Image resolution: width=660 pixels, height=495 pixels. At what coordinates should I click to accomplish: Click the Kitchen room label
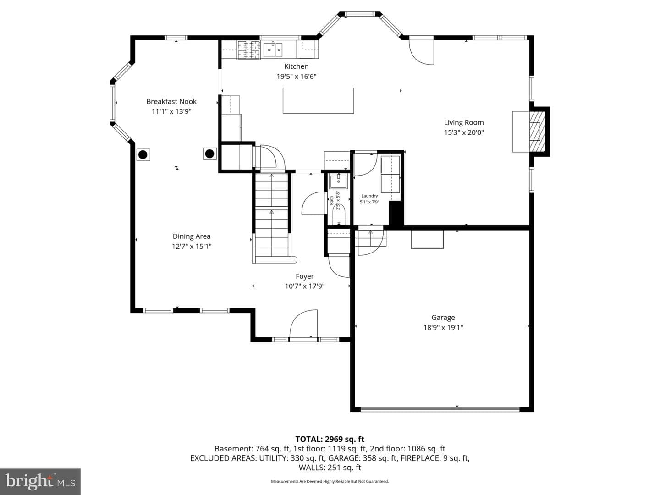(296, 66)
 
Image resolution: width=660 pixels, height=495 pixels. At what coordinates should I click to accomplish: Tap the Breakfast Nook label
(171, 102)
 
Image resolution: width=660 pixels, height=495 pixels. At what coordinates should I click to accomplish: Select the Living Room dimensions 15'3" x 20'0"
(464, 132)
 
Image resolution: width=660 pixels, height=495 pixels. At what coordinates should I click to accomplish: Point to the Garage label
(443, 318)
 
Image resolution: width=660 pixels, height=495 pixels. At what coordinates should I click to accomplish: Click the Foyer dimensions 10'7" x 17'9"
(305, 286)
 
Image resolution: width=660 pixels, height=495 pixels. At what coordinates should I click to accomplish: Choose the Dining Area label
(192, 236)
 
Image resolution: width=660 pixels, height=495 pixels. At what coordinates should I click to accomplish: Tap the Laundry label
(369, 196)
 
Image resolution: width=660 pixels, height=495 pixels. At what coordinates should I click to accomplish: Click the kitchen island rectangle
(318, 101)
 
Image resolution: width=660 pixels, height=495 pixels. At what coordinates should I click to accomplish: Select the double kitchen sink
(273, 50)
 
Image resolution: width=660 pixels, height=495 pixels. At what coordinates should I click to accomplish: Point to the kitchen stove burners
(249, 50)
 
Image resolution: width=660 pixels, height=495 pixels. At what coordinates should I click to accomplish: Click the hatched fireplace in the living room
(537, 132)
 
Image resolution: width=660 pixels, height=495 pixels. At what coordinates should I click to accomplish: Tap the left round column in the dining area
(143, 155)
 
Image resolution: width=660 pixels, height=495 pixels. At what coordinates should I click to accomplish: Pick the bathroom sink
(338, 181)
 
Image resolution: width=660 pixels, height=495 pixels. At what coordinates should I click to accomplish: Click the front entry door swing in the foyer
(303, 324)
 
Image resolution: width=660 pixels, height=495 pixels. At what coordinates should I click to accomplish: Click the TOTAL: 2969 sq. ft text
(330, 440)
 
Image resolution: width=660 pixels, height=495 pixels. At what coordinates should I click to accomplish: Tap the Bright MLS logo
(40, 482)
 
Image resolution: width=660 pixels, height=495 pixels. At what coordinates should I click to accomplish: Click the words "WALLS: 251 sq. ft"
(330, 467)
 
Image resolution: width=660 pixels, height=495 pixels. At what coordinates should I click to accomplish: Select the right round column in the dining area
(209, 154)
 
